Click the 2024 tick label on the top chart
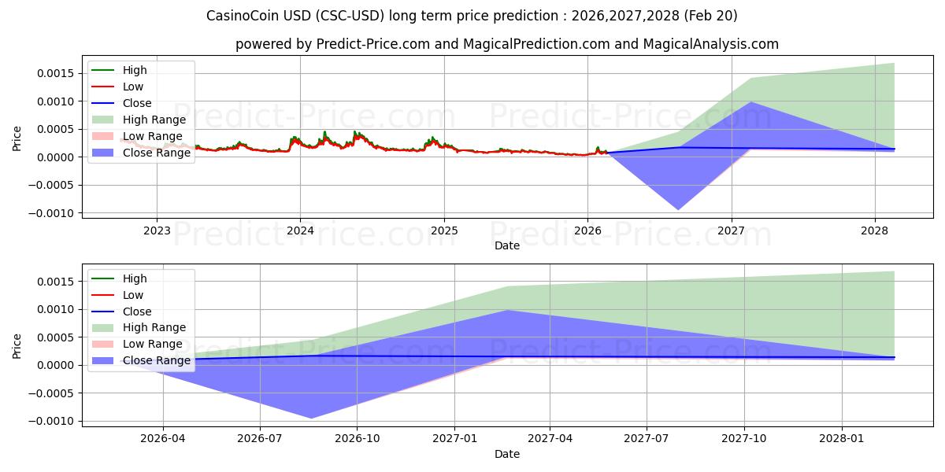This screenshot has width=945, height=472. point(300,230)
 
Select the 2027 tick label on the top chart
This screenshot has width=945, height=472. point(732,230)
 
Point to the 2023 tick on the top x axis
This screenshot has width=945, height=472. point(157,230)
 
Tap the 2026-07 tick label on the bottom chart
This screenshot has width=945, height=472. point(260,438)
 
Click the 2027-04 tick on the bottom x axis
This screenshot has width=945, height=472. point(550,438)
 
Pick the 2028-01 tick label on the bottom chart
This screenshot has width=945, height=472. point(842,438)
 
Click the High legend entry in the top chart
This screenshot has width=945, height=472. point(135,70)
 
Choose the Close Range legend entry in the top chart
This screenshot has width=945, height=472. point(156,153)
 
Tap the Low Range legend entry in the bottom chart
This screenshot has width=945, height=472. point(152,344)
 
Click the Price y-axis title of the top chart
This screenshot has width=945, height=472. point(17,138)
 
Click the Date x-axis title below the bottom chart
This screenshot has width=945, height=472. point(506,454)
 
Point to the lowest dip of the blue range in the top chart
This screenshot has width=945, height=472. point(677,209)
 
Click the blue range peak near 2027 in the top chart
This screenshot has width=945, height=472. point(750,102)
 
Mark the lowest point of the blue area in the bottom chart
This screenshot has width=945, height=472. point(311,418)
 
